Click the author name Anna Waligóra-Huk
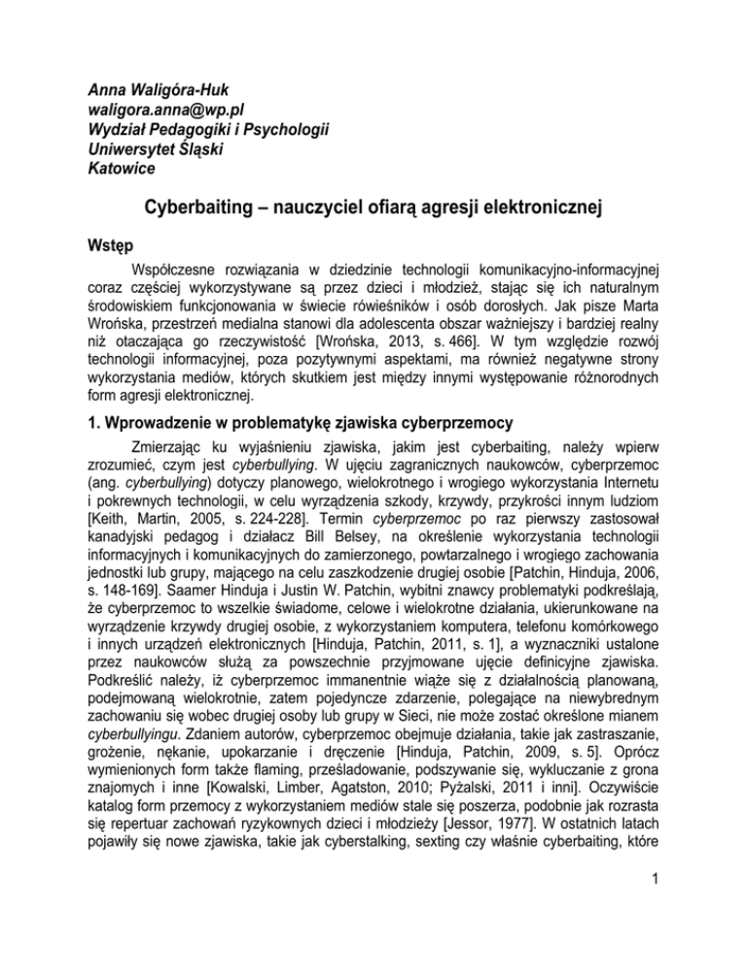pyautogui.click(x=135, y=90)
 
